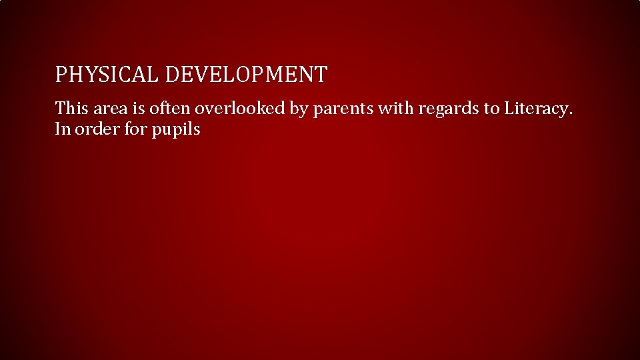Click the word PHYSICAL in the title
point(107,75)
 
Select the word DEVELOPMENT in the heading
point(246,75)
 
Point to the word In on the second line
point(63,129)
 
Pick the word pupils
point(176,130)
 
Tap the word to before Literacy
point(492,108)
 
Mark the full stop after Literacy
point(570,113)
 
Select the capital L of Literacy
point(509,108)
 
